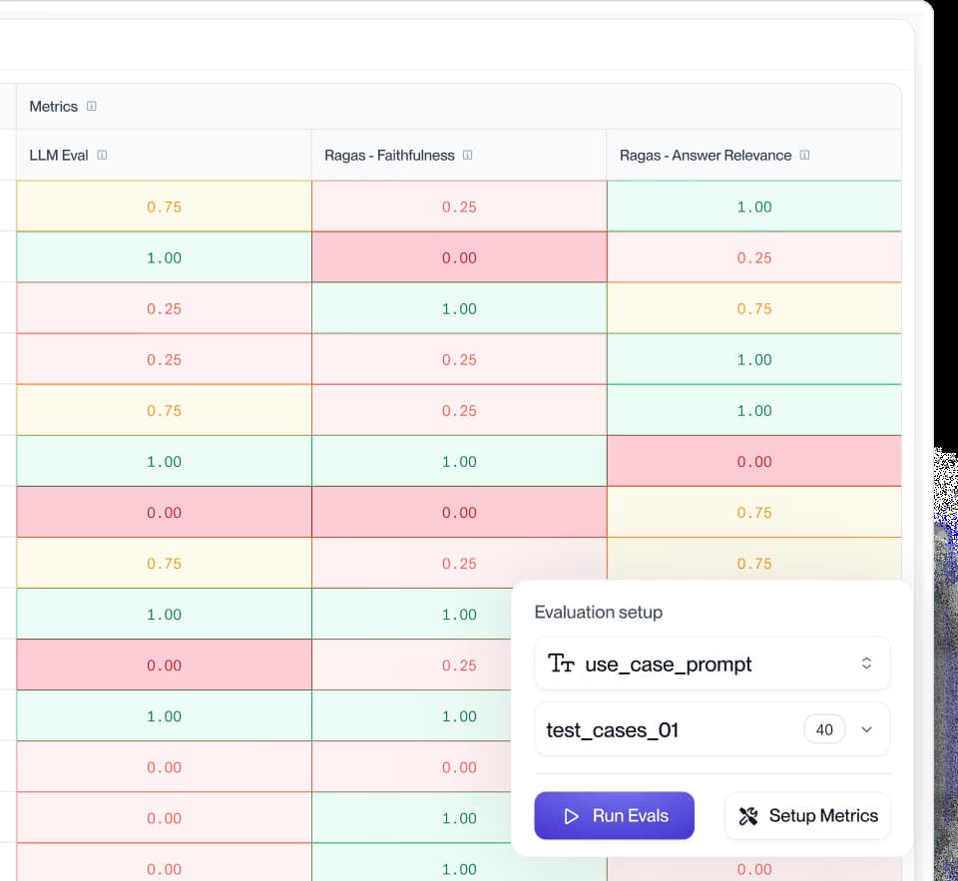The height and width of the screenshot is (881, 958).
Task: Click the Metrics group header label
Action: pos(53,107)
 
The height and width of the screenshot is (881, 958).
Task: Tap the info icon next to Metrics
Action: pos(92,106)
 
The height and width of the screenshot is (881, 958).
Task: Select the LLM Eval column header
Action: pos(59,156)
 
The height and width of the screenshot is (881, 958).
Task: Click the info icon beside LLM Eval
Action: pos(102,155)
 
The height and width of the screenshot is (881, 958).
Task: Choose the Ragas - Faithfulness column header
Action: pos(389,156)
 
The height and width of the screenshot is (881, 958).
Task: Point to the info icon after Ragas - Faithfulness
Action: pos(468,155)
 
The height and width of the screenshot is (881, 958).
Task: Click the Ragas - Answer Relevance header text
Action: pos(706,156)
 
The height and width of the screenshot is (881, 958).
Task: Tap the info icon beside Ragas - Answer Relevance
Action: pos(805,155)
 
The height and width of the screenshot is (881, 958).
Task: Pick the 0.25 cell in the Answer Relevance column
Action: pos(754,257)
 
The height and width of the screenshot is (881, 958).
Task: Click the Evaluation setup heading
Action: pos(598,612)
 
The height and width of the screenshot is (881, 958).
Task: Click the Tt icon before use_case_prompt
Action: pos(562,663)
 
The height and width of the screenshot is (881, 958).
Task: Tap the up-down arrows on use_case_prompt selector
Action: pos(866,663)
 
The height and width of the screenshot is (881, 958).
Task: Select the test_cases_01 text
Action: pos(613,730)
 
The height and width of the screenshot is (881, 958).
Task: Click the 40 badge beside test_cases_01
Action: pos(824,729)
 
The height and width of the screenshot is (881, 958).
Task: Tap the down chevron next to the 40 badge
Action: pos(866,730)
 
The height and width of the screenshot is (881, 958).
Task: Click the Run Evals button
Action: pos(614,816)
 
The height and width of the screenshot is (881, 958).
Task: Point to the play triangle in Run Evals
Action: pos(571,816)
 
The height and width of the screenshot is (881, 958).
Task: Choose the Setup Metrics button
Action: pos(807,816)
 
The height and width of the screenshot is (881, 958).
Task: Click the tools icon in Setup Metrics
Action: pos(748,816)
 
